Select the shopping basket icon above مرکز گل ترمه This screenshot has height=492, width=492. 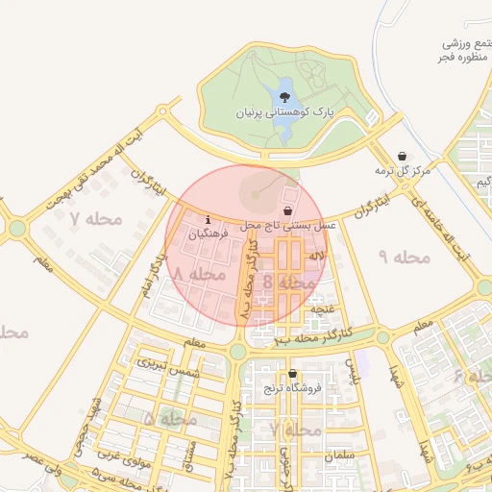pyautogui.click(x=402, y=156)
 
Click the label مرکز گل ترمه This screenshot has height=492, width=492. pyautogui.click(x=405, y=170)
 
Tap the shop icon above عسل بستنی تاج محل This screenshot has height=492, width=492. pyautogui.click(x=287, y=210)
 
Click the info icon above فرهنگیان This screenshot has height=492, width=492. pyautogui.click(x=209, y=220)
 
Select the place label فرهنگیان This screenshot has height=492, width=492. pyautogui.click(x=209, y=234)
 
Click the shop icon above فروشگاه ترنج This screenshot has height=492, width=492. pyautogui.click(x=292, y=374)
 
